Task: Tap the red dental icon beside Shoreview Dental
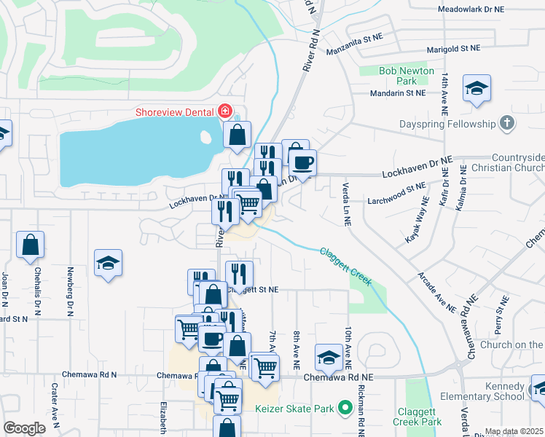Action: point(224,111)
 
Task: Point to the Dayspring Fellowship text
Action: point(446,124)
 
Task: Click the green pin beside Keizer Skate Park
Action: point(342,409)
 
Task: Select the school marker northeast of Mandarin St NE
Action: point(477,89)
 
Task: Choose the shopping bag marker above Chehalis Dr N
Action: point(31,245)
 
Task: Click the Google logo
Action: point(24,428)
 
